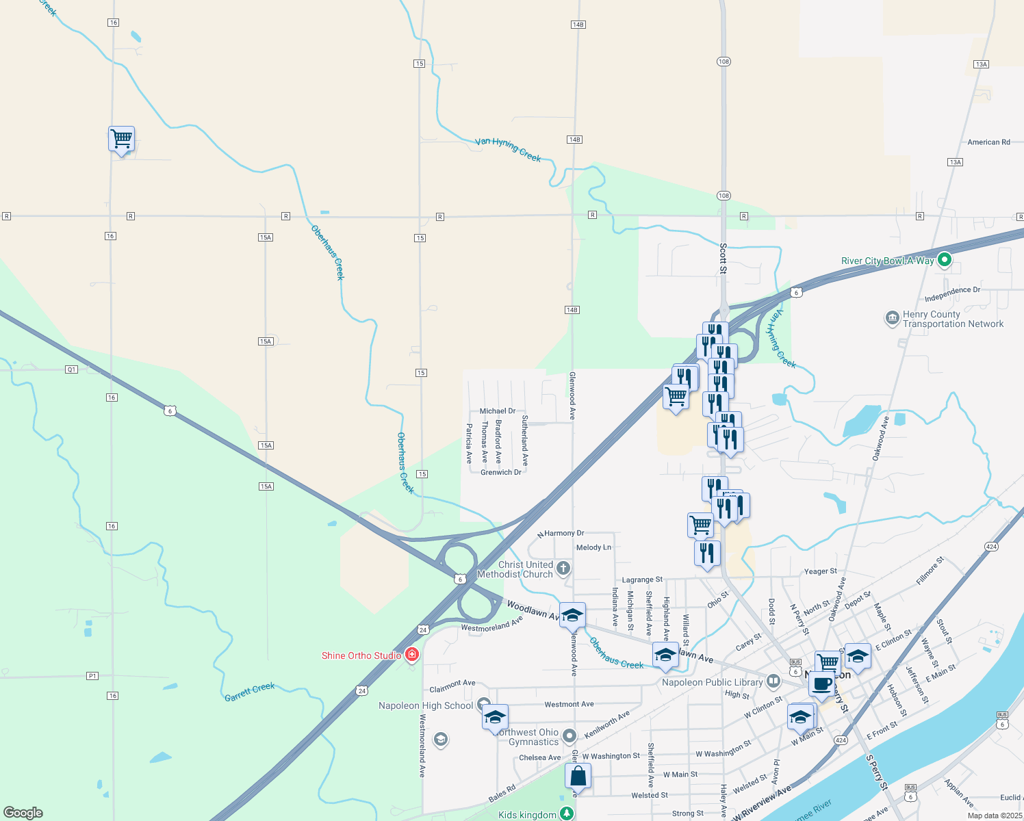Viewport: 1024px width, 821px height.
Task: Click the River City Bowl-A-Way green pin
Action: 945,260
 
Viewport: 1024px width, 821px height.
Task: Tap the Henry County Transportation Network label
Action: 952,320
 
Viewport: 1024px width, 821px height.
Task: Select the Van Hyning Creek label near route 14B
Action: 508,149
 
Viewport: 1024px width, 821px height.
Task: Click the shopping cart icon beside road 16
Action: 121,139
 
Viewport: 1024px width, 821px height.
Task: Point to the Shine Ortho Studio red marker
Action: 412,655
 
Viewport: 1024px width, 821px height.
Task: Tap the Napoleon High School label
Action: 426,705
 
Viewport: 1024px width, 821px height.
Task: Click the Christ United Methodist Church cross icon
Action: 563,568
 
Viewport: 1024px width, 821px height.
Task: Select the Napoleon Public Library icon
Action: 773,681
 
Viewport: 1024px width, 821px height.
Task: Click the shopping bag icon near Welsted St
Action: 578,777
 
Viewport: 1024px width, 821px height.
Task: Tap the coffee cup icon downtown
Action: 821,684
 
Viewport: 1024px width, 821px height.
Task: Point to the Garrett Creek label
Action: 250,692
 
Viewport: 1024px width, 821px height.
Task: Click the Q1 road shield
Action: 72,369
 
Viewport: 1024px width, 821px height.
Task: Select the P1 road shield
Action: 92,676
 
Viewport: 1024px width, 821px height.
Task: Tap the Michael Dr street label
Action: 498,411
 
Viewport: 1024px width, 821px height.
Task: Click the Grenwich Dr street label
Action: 501,472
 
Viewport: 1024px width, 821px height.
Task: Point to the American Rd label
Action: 988,142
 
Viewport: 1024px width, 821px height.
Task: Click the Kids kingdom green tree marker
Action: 566,813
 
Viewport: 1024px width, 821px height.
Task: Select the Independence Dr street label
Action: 952,294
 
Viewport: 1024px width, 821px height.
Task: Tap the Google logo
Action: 23,813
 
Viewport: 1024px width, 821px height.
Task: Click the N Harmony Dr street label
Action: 561,533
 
